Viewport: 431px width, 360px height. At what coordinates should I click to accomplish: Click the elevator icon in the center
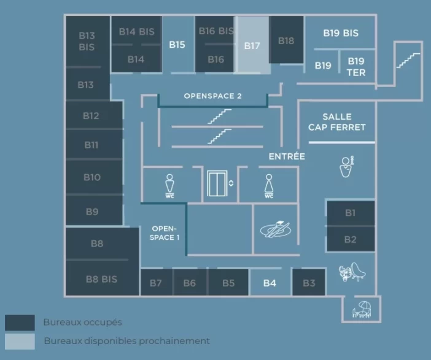pos(217,183)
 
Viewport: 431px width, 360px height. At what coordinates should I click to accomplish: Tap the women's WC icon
pos(269,185)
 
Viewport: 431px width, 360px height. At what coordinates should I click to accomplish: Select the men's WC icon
pos(170,185)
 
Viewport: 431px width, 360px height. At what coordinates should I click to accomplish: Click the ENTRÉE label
pos(286,156)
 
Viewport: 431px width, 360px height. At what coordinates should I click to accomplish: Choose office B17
pos(252,45)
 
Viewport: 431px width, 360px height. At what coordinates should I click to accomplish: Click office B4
pos(270,283)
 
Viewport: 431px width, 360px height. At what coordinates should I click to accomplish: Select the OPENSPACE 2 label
pos(212,96)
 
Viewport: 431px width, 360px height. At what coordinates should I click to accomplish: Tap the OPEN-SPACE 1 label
pos(164,232)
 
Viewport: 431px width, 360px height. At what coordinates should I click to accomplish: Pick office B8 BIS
pos(101,279)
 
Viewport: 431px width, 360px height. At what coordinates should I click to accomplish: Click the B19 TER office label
pos(356,66)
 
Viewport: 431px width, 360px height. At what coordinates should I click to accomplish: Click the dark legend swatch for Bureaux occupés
pos(20,323)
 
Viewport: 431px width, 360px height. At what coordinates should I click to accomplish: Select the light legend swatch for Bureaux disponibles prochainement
pos(20,341)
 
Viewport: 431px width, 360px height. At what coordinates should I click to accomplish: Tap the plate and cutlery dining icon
pos(275,229)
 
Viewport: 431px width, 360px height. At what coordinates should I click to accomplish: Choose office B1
pos(350,213)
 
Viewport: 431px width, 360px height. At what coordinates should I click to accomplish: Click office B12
pos(91,115)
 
